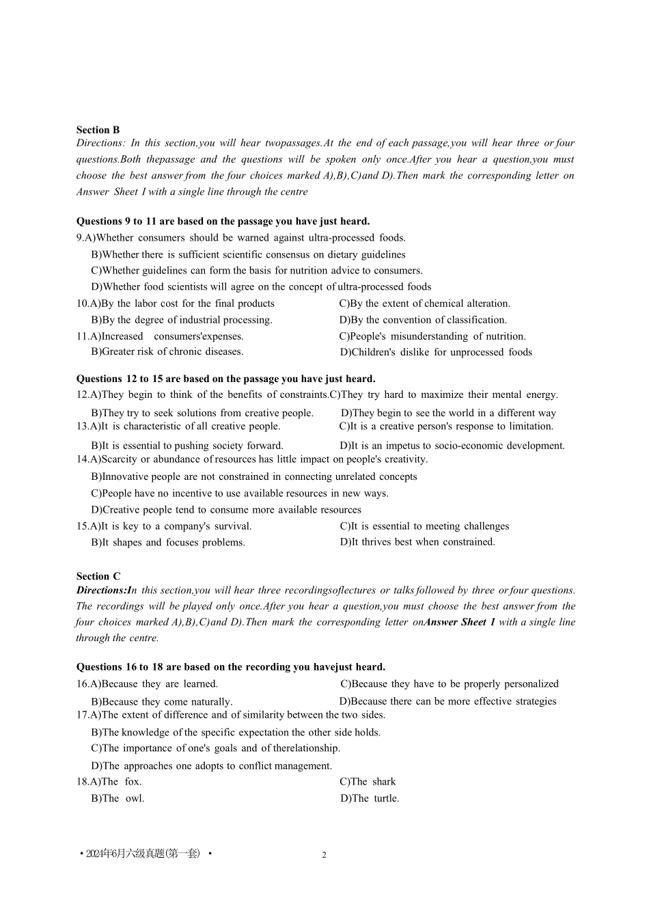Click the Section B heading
98,130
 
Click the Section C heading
98,576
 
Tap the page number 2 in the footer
324,855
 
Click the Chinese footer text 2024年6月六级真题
145,854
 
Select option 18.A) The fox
109,782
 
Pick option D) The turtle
370,798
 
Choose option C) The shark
368,782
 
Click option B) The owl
118,798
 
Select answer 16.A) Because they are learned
147,684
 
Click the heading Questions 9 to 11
223,221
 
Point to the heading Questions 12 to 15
225,379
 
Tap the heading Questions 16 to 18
230,667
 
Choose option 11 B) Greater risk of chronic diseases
167,352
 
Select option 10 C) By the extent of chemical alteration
424,303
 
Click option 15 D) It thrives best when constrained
417,542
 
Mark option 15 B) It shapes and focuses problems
168,543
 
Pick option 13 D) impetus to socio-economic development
452,446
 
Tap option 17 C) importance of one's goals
215,748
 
